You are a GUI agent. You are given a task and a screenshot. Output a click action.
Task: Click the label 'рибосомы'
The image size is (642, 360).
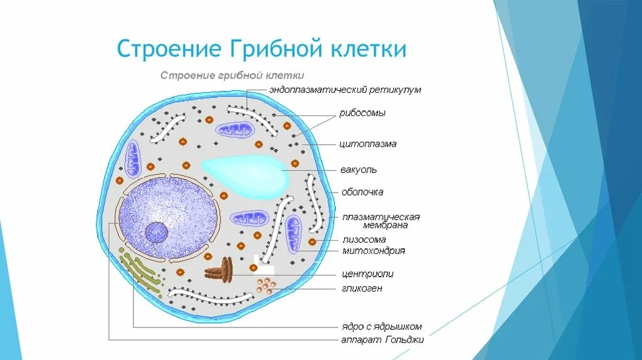(362, 114)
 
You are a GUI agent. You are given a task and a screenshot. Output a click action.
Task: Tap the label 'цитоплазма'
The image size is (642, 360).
(368, 144)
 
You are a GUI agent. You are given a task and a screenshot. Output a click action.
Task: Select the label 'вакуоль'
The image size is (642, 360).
(358, 170)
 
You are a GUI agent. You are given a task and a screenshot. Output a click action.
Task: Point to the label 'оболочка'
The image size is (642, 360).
(362, 192)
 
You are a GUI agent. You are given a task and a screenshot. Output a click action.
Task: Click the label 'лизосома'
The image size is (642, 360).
(364, 240)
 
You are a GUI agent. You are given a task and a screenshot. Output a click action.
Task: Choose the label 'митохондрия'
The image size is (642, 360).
(374, 251)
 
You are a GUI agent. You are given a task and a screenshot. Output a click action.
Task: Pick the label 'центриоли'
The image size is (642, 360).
(367, 274)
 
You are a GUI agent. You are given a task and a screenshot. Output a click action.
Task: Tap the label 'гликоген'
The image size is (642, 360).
(362, 289)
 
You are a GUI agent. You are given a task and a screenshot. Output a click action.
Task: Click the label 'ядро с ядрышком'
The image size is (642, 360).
(381, 327)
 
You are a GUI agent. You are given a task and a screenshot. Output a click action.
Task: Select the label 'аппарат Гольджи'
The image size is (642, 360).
(382, 340)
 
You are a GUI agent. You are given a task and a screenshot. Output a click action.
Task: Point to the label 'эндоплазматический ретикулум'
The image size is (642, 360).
(345, 90)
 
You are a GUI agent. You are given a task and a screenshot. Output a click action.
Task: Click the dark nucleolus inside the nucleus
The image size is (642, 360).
(156, 233)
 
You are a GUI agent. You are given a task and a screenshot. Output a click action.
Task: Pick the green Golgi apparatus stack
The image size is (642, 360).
(140, 273)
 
